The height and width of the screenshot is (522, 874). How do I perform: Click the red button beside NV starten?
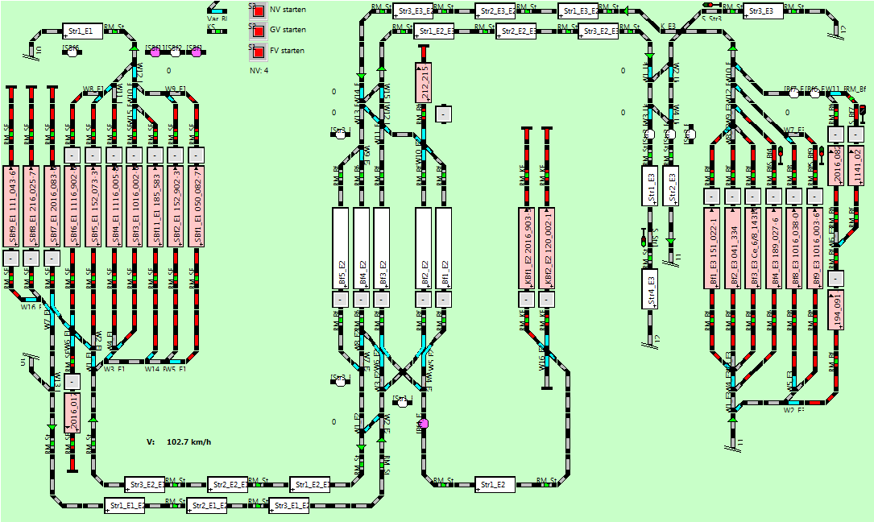pyautogui.click(x=259, y=12)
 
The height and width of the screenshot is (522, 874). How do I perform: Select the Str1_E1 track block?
pyautogui.click(x=81, y=31)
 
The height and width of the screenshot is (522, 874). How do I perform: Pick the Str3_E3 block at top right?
pyautogui.click(x=761, y=11)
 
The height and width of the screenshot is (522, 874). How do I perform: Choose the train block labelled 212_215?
pyautogui.click(x=424, y=82)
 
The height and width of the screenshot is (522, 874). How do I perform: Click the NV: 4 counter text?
pyautogui.click(x=259, y=71)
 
